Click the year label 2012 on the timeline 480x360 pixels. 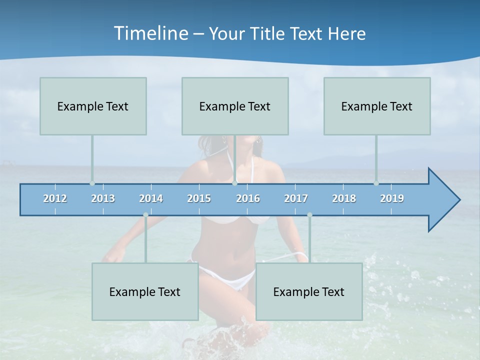[55, 198]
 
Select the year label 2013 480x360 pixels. [103, 198]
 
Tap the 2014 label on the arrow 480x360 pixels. [151, 198]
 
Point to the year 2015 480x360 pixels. [199, 198]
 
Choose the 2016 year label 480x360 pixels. [248, 198]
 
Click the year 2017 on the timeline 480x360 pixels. [296, 198]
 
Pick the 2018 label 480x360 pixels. [344, 198]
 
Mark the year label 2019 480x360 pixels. [392, 198]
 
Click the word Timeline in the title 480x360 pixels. [150, 33]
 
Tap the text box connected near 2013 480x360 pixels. [93, 106]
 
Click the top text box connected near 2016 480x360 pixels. [235, 106]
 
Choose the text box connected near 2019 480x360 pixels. [377, 106]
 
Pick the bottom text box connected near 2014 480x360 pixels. [145, 291]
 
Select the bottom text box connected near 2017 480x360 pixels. [309, 291]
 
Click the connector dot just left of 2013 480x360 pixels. [92, 183]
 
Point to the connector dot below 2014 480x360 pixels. [145, 215]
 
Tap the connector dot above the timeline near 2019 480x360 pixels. [376, 183]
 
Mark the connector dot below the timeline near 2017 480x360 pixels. [309, 215]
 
